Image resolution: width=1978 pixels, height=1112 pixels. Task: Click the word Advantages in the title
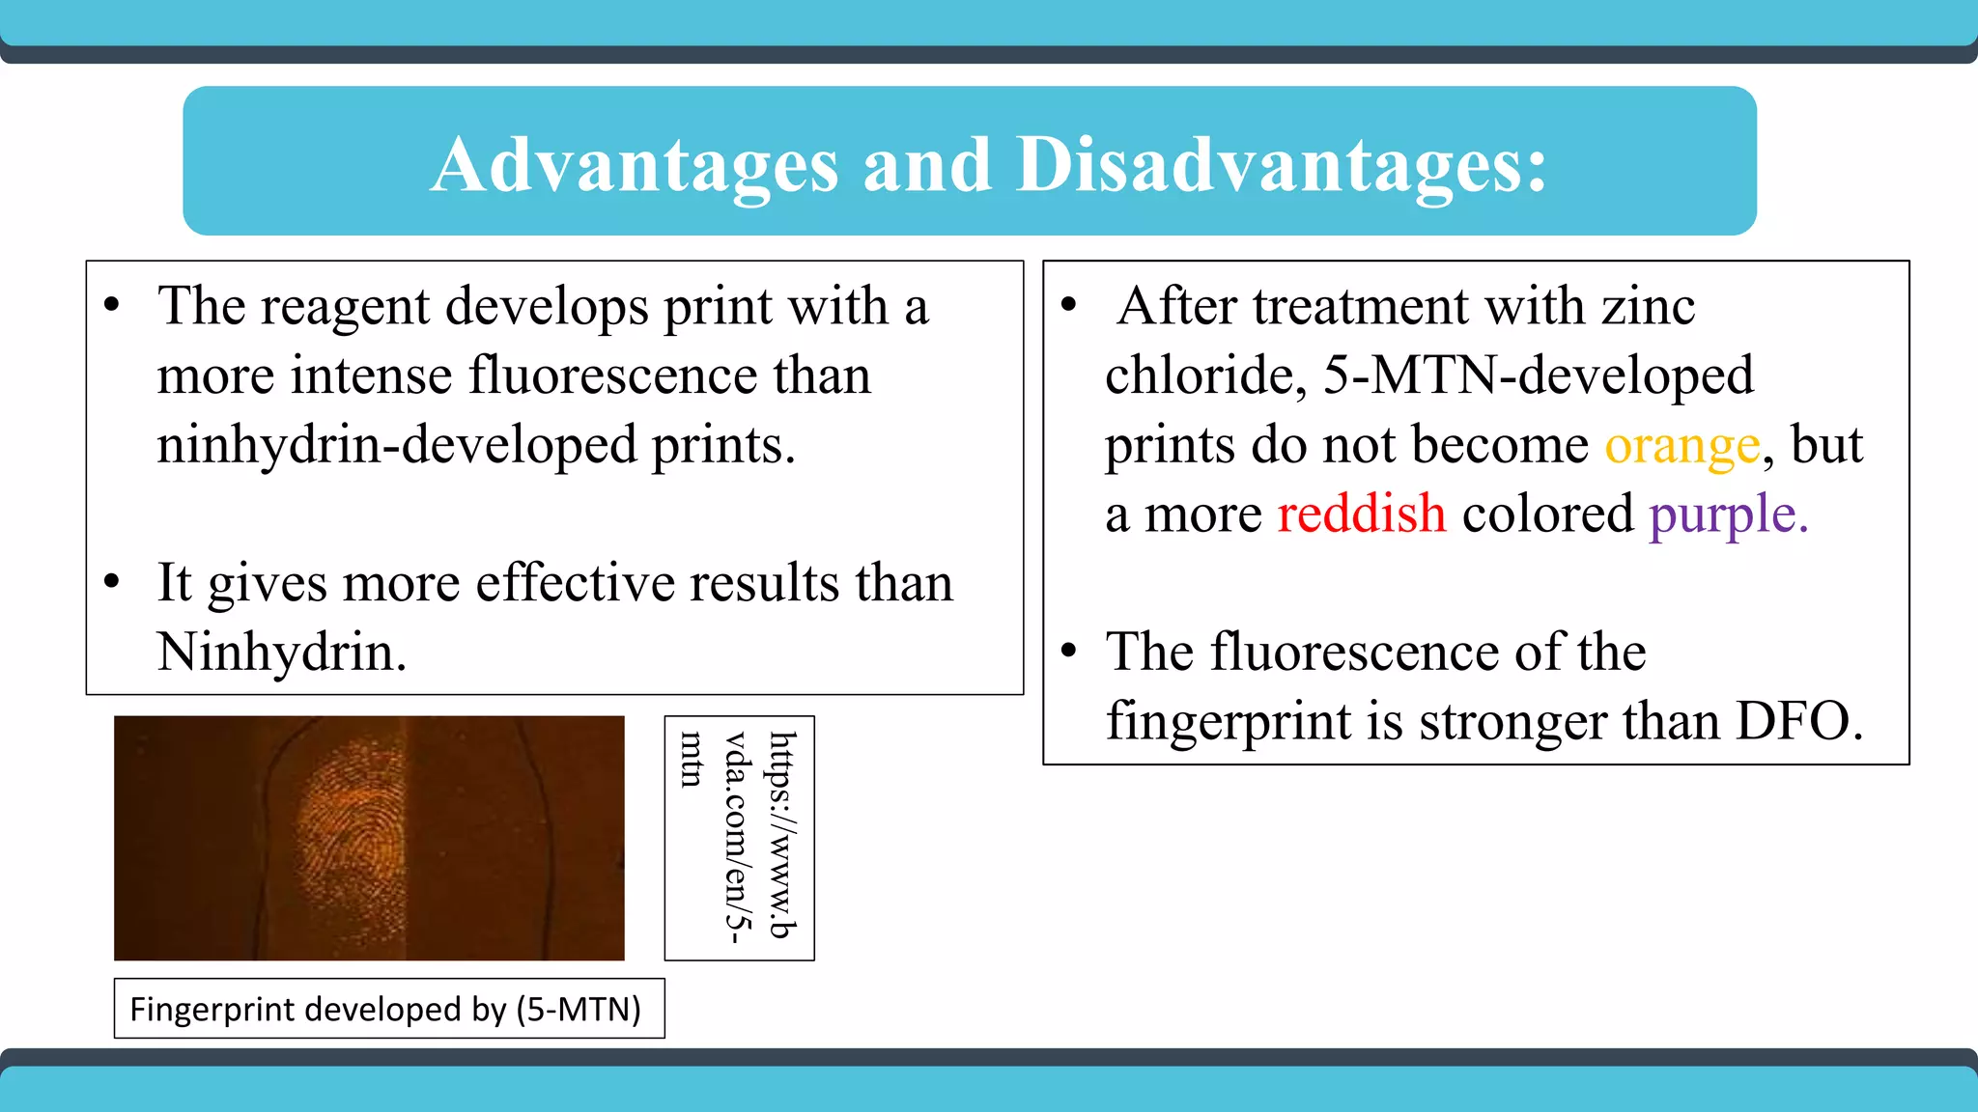635,164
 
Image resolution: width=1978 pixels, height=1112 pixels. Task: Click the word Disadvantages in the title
1281,164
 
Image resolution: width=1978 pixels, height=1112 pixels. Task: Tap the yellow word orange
1682,446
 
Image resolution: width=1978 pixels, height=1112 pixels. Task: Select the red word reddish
1361,514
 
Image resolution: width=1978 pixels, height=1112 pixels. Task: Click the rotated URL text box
739,837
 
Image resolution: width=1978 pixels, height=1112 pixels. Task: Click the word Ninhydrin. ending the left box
281,653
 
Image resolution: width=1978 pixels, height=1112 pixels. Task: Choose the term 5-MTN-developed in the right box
1538,376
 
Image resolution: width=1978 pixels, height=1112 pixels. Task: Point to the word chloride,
1205,376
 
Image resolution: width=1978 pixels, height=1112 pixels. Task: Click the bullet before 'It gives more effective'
112,581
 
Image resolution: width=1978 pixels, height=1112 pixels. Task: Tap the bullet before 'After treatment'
1068,305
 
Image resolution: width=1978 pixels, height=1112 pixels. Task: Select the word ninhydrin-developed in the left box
397,446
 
